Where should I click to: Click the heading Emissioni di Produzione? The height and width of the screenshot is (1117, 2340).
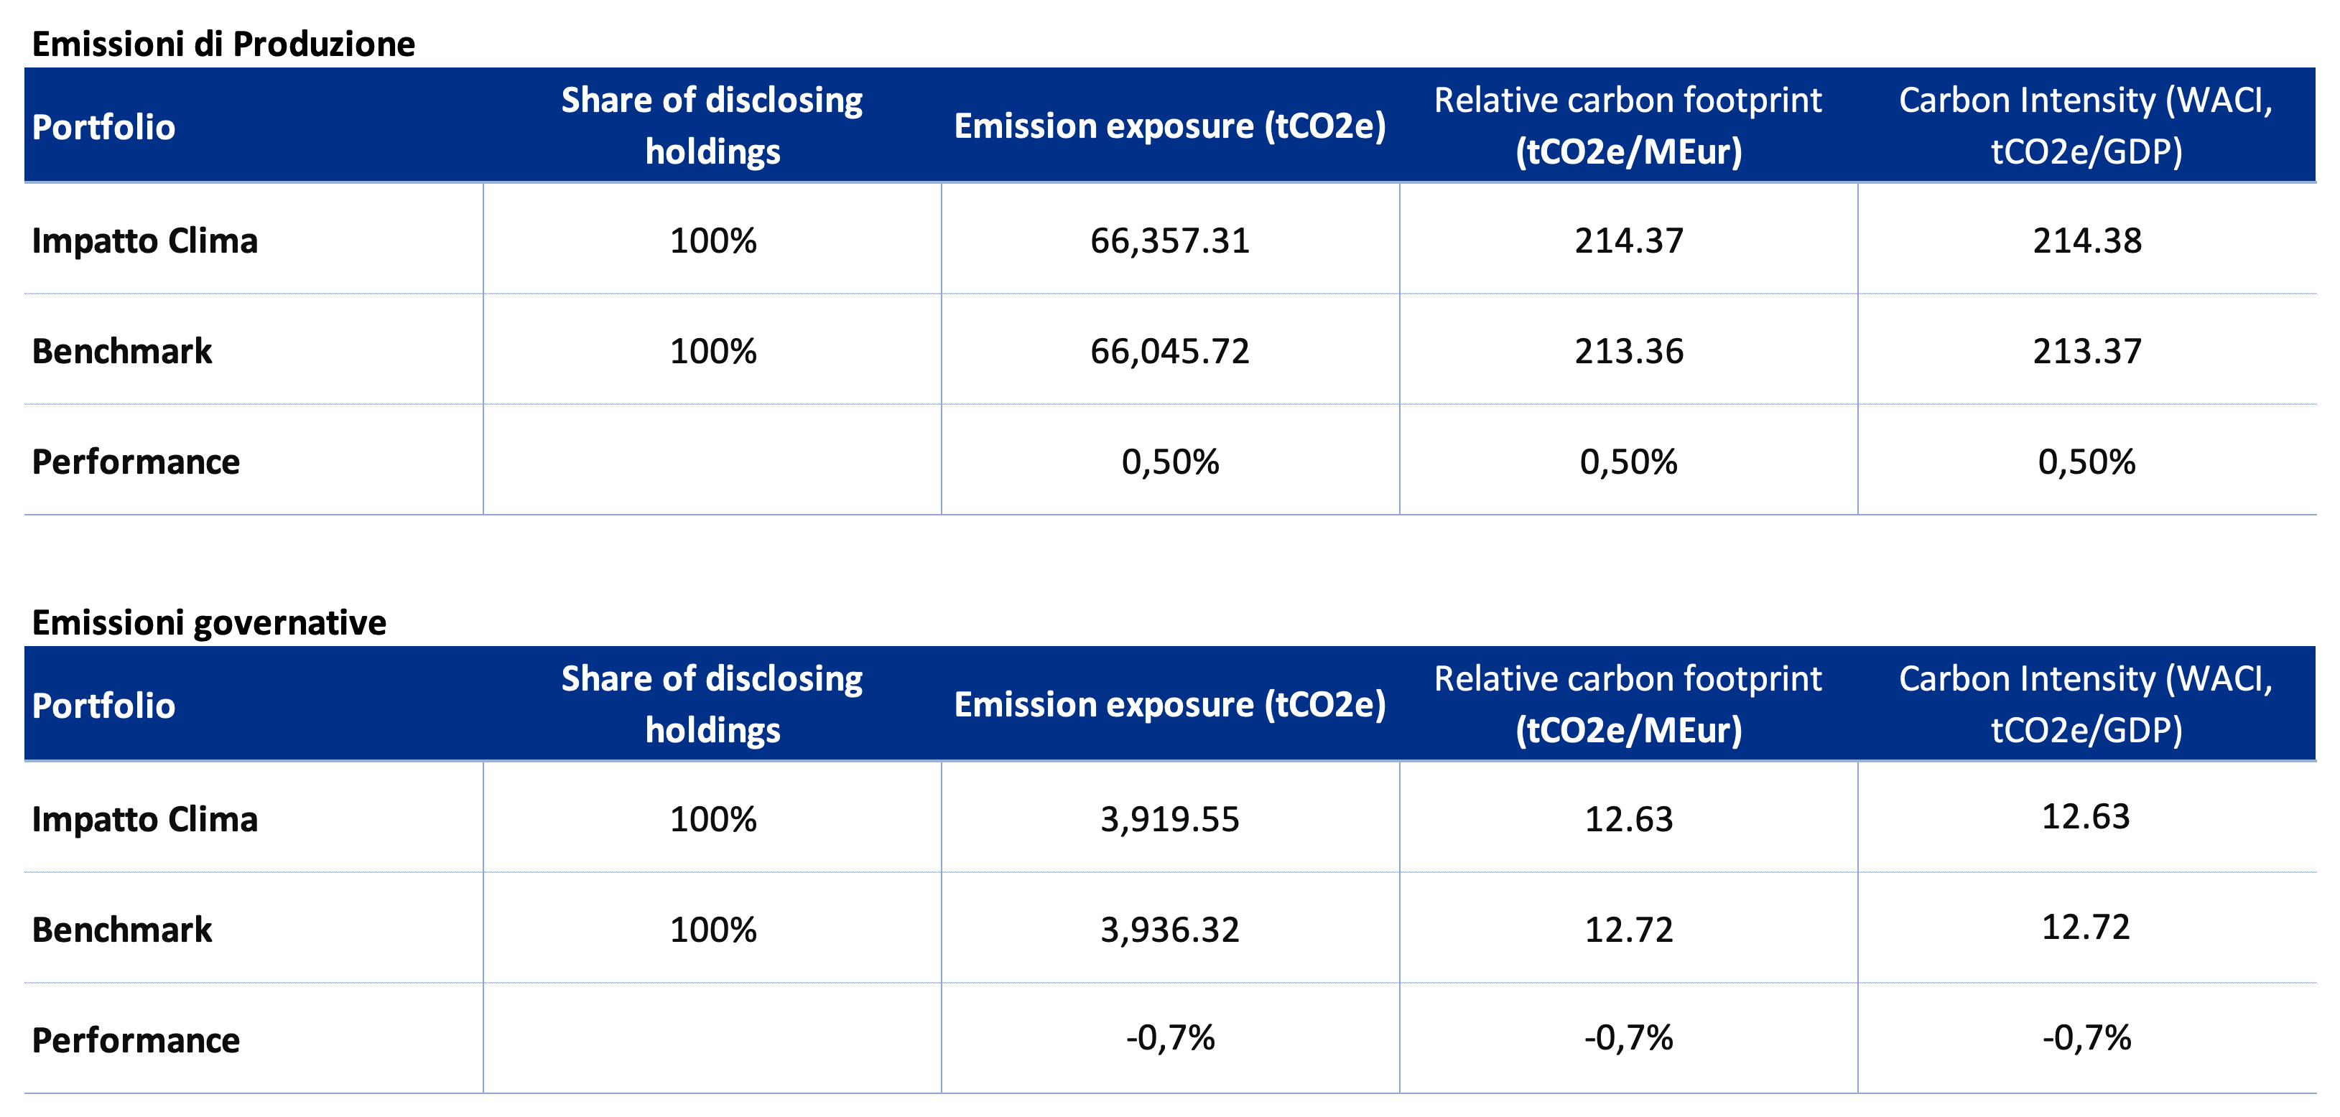223,44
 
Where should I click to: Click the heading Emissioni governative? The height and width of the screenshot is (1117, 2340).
209,622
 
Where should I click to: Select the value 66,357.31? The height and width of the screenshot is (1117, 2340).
1170,240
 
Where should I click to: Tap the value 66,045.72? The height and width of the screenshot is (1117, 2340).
1170,352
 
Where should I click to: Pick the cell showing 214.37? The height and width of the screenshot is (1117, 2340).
1629,240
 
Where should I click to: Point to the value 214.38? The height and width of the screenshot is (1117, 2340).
2086,240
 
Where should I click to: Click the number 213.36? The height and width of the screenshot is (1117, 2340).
1629,352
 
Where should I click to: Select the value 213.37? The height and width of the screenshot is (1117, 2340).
2086,352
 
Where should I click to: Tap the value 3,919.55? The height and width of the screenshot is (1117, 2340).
1170,819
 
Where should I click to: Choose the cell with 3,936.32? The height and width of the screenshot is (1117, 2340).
1170,930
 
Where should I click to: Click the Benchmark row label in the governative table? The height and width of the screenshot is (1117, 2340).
121,930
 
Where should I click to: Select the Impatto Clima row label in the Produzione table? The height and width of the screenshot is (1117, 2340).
144,240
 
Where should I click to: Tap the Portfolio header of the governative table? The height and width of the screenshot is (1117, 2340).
103,706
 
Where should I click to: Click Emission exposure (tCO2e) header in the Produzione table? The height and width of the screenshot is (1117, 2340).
1170,126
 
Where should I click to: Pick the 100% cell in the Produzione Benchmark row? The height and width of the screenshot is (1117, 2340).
713,352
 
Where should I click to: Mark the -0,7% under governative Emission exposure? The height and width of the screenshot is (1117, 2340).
1170,1038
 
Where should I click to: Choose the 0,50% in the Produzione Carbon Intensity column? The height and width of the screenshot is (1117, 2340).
2086,462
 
